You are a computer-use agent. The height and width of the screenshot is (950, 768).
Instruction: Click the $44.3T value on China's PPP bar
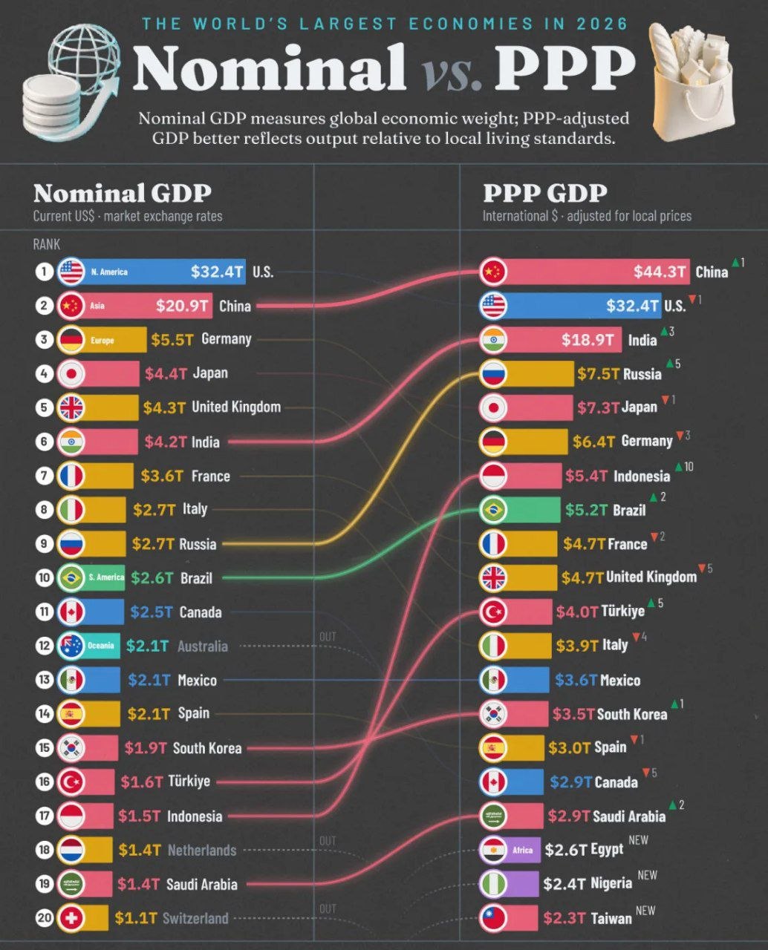coord(660,272)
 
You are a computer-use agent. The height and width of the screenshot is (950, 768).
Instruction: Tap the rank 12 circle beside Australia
coord(44,646)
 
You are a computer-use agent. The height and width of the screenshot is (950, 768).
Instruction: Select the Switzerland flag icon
coord(71,918)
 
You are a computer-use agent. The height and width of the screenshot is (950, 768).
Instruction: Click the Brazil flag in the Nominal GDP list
coord(71,577)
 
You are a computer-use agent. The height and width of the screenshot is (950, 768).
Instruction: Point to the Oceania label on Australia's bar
coord(101,646)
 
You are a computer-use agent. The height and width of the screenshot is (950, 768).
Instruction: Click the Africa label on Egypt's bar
coord(523,850)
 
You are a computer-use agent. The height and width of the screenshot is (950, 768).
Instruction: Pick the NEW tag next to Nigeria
coord(647,875)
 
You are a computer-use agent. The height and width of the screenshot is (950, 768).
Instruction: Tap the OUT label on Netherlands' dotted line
coord(328,841)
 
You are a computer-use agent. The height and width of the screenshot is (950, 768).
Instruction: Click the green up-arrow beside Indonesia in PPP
coord(679,468)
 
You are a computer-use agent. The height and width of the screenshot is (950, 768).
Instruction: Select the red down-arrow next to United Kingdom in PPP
coord(702,569)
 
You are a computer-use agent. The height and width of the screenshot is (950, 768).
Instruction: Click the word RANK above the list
coord(46,244)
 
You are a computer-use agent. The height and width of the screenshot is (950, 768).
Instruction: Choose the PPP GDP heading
coord(545,193)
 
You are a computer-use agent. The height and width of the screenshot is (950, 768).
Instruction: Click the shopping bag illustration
coord(691,82)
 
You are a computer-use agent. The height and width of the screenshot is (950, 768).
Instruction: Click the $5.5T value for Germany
coord(172,340)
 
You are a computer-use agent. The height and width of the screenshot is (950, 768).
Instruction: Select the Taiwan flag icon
coord(493,918)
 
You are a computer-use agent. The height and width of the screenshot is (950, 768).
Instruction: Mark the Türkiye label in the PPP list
coord(623,611)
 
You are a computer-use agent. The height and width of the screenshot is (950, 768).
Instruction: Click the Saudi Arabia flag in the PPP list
coord(493,816)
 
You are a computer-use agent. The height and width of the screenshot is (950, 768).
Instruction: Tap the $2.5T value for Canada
coord(152,612)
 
